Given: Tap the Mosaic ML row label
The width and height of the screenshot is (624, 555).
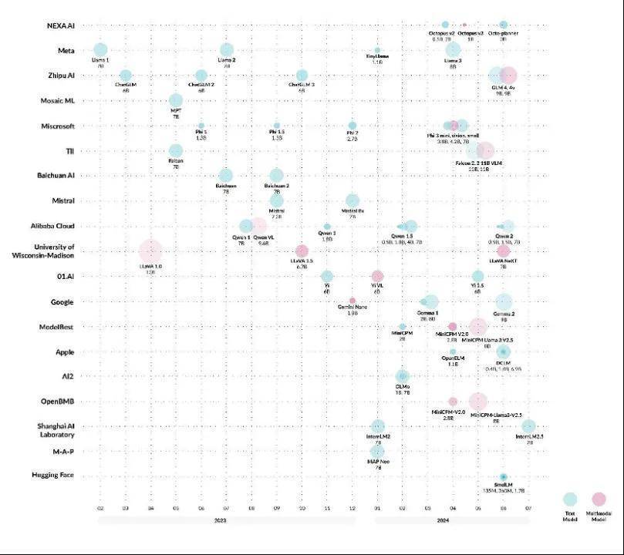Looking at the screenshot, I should [x=56, y=100].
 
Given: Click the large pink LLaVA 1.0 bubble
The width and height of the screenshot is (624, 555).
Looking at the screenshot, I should [x=150, y=251].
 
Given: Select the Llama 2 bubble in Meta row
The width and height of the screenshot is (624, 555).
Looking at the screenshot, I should [x=226, y=50].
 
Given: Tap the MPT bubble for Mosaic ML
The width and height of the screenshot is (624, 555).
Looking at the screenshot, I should [x=176, y=101].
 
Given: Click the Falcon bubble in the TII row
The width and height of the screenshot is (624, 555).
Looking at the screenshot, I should [x=176, y=151].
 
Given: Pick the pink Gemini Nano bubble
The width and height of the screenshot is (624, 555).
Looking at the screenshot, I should [x=352, y=301].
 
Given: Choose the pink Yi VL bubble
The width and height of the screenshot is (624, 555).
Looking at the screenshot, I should [x=377, y=276].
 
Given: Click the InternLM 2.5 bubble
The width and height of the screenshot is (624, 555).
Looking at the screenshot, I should [x=528, y=426].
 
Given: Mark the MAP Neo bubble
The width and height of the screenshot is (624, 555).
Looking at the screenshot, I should [x=377, y=451].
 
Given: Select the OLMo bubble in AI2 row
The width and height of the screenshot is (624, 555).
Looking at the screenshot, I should [x=403, y=376].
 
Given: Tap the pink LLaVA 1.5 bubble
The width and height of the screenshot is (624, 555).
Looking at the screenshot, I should [x=302, y=251].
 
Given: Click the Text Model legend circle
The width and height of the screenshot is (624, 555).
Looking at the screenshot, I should [x=569, y=499].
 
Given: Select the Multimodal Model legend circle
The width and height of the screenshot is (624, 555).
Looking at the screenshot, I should [x=599, y=499].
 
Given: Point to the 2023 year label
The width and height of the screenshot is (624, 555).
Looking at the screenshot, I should [x=226, y=520].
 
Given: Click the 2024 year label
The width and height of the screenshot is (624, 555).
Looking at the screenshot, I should [x=452, y=520].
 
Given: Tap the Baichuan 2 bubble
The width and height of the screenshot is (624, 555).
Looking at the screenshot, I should [x=276, y=176].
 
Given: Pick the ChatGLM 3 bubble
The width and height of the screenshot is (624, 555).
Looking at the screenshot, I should [x=302, y=76].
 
